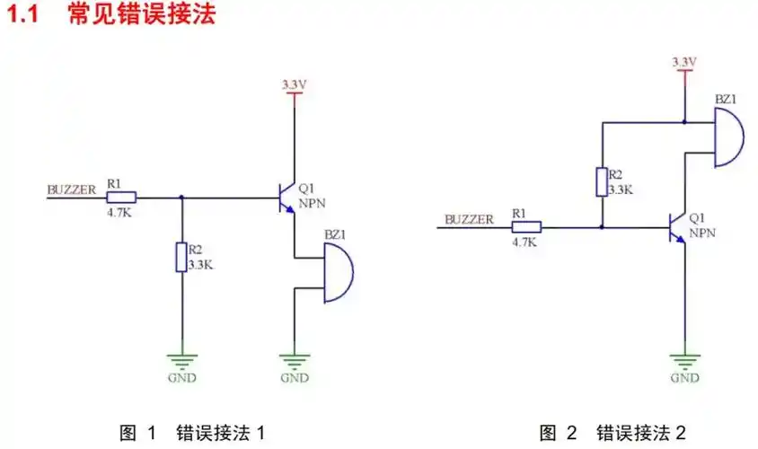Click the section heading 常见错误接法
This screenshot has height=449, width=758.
pos(142,15)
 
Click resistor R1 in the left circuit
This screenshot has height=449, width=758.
pos(121,198)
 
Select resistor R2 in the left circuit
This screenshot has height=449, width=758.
pos(182,257)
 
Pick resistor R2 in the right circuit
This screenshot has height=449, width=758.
pos(603,182)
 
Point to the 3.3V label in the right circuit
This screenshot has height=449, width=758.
pos(684,61)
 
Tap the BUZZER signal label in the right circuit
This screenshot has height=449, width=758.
pos(469,219)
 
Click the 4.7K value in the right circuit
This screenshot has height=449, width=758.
pos(524,242)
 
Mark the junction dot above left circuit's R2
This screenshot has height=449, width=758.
pos(182,198)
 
